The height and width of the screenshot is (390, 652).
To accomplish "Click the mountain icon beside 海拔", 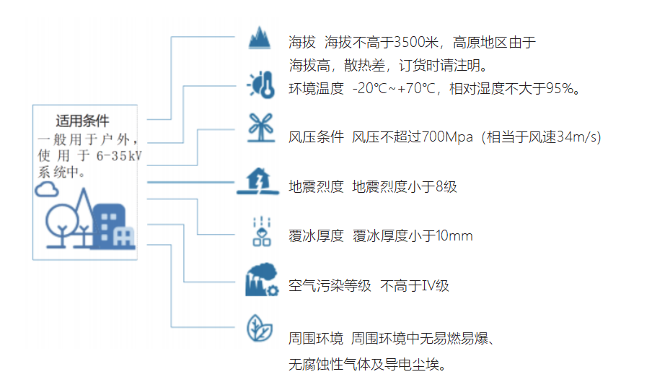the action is click(260, 38).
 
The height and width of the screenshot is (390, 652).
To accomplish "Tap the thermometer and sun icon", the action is click(261, 85).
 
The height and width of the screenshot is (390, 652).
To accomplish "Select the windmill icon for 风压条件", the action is click(260, 128).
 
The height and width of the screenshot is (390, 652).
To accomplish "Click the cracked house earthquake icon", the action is click(257, 181).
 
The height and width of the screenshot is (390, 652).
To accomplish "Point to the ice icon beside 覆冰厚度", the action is click(262, 231).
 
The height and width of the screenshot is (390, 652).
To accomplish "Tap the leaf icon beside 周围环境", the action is click(260, 328).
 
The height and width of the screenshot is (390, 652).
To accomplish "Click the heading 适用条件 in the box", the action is click(82, 121).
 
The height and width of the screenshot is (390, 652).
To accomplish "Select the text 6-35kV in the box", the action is click(119, 156).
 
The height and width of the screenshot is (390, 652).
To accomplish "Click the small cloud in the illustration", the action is click(47, 189).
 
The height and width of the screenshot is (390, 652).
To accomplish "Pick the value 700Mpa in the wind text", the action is click(447, 136).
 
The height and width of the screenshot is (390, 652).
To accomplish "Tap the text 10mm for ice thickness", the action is click(454, 236).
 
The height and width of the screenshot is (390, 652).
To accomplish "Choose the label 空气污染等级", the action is click(330, 285).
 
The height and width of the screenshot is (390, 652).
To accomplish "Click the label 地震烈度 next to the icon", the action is click(316, 186).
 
